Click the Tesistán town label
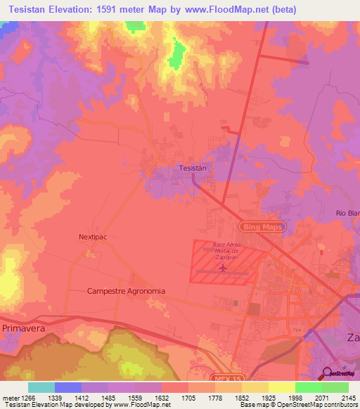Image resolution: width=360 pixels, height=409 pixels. (x=192, y=169)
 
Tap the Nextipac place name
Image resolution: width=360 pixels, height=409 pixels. (x=92, y=238)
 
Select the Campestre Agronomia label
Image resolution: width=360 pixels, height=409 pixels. (x=126, y=290)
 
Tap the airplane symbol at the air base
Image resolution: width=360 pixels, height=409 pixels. (x=223, y=268)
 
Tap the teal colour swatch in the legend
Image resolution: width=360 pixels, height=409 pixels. (x=41, y=387)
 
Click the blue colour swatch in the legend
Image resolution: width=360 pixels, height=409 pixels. (x=67, y=387)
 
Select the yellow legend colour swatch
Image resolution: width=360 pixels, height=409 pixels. (x=281, y=387)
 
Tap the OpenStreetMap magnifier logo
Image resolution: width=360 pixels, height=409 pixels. (x=328, y=374)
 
